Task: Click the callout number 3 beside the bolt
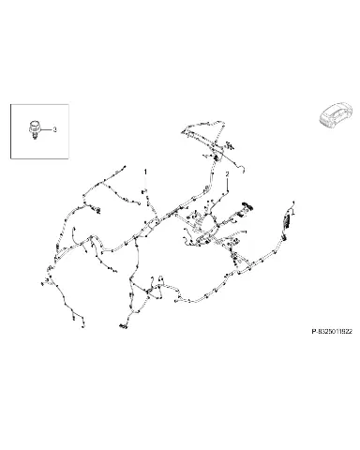[54, 129]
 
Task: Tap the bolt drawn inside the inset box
[34, 129]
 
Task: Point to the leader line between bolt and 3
[45, 129]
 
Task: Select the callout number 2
[227, 173]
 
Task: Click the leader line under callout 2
[227, 185]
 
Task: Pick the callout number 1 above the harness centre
[145, 172]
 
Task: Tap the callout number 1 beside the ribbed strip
[293, 212]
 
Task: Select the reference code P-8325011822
[332, 331]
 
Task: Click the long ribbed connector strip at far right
[287, 221]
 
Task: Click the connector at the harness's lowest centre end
[123, 326]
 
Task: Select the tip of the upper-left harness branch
[125, 166]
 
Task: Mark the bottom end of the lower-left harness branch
[83, 326]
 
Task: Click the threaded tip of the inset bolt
[35, 136]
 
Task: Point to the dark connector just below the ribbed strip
[284, 238]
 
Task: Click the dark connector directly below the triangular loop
[217, 157]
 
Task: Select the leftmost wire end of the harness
[42, 284]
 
